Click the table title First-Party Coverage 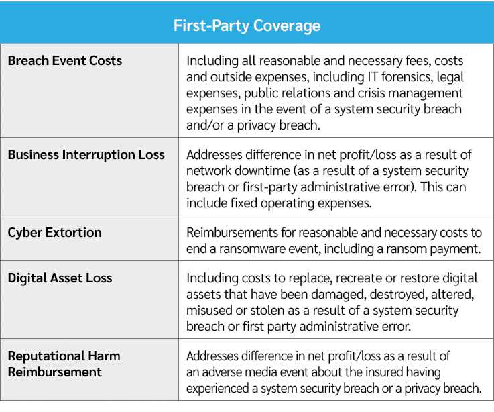click(x=247, y=26)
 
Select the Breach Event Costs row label click(x=65, y=61)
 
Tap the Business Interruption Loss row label click(x=86, y=155)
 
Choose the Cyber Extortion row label click(x=55, y=233)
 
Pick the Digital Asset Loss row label click(x=60, y=278)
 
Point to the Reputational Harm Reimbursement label click(x=64, y=364)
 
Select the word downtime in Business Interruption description click(x=261, y=171)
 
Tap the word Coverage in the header click(x=287, y=26)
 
